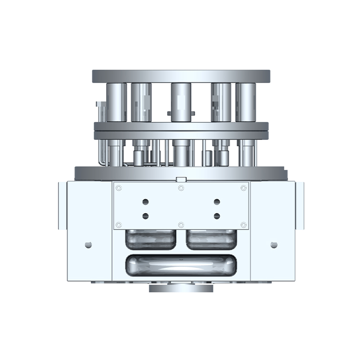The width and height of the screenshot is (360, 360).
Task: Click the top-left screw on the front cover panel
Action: click(x=119, y=188)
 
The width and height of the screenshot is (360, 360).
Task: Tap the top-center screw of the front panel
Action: click(x=181, y=188)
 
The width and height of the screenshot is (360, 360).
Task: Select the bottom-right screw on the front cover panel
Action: click(x=243, y=225)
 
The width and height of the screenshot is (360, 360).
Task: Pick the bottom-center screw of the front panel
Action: click(x=181, y=225)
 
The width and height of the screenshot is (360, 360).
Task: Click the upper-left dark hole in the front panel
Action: click(x=145, y=202)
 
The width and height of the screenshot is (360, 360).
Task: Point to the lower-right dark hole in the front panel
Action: click(x=216, y=216)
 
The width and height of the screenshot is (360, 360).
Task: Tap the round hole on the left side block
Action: click(x=88, y=245)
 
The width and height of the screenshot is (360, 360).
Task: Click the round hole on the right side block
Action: click(x=274, y=245)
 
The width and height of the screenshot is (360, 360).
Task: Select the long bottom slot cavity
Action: click(x=181, y=265)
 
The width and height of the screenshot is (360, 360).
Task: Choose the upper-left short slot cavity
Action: click(x=150, y=239)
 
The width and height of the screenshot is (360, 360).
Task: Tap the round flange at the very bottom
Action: click(x=181, y=288)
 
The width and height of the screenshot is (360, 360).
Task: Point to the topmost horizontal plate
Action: click(x=181, y=76)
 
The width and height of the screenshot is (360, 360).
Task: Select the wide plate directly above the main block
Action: click(x=181, y=172)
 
